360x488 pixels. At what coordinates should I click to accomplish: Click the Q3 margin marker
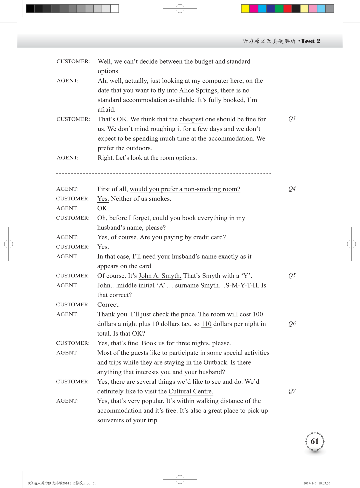tap(292, 119)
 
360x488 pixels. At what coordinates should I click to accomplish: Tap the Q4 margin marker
tap(292, 189)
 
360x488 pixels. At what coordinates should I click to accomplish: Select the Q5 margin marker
tap(292, 276)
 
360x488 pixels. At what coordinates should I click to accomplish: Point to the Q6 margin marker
tap(292, 324)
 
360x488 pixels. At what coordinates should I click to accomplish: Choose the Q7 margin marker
tap(292, 391)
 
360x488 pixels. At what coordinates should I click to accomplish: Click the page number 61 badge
tap(315, 441)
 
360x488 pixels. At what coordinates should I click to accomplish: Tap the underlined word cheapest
tap(191, 119)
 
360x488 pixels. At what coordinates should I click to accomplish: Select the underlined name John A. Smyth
tap(160, 276)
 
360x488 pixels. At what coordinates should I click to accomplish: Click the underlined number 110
tap(206, 324)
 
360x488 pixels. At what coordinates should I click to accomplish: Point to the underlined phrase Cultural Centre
tap(191, 391)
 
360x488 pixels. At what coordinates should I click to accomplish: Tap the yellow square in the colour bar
tap(245, 9)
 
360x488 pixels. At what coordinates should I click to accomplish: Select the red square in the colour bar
tap(287, 9)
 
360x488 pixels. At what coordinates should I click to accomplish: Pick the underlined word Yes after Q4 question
tap(103, 199)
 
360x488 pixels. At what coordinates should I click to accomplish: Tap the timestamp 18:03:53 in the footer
tap(324, 483)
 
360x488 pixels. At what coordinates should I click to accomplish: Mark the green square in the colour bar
tap(279, 9)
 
